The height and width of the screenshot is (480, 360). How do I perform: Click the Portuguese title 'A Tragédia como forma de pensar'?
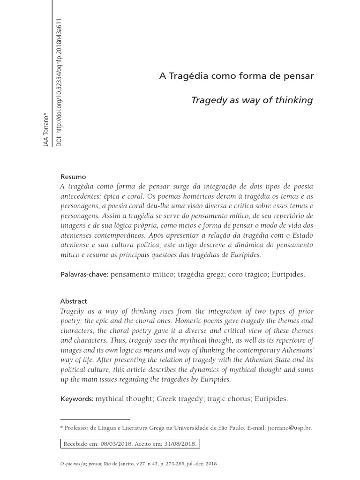[236, 76]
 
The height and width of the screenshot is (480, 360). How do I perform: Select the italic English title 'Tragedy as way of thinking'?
[252, 100]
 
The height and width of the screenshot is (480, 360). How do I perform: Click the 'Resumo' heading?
[74, 177]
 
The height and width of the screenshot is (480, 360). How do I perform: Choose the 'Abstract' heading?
[74, 301]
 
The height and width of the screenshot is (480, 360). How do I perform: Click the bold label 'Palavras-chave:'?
[85, 274]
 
